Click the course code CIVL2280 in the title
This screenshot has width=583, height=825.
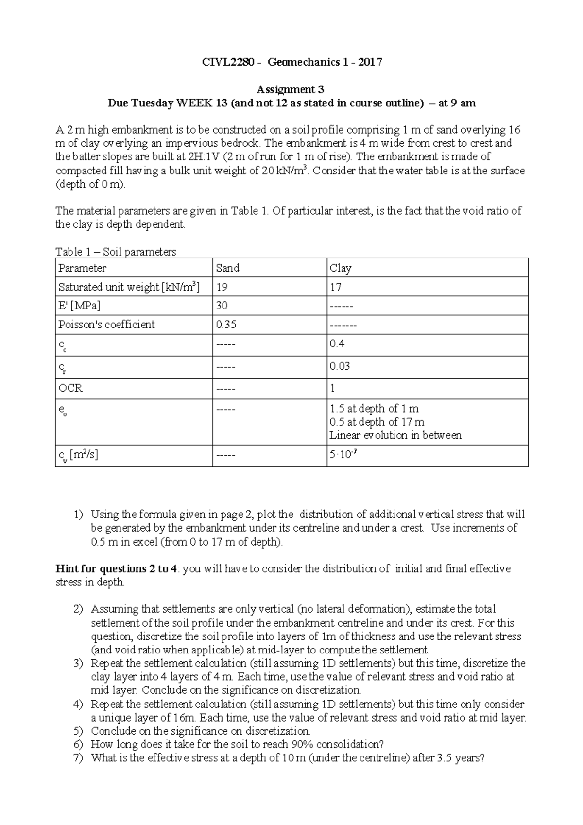click(228, 62)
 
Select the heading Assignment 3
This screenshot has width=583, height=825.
click(291, 89)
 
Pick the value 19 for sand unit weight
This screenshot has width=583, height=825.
click(222, 287)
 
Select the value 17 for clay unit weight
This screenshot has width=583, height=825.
click(336, 287)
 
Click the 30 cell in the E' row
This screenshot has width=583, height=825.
click(222, 306)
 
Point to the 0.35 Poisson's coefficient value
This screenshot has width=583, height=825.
click(226, 325)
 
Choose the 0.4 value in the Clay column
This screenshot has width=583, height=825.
click(337, 344)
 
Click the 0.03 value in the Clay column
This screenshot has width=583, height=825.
click(340, 366)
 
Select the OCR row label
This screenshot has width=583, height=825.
click(70, 388)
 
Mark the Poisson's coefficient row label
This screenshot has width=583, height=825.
click(107, 325)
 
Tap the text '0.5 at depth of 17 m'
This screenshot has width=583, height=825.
click(377, 422)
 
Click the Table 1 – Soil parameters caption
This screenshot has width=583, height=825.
click(116, 252)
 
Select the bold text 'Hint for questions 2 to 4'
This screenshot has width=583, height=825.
click(116, 569)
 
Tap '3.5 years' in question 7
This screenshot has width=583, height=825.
click(462, 758)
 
